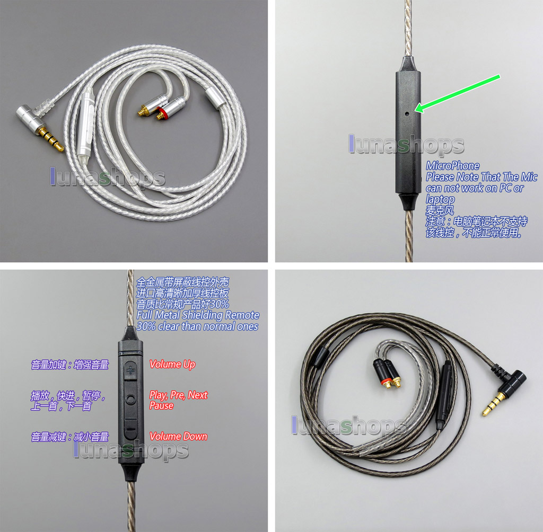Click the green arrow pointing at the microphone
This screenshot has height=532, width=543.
coord(458,93)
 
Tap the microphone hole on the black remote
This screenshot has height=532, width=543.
coord(407,113)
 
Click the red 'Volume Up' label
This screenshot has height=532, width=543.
coord(172,365)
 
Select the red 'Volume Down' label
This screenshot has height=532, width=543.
coord(178,436)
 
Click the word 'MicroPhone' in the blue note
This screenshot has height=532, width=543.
coord(453,165)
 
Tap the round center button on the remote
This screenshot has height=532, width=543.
coord(130,400)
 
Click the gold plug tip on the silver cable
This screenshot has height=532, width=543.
coord(52,139)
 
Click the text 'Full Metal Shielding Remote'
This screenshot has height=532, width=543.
coord(198,315)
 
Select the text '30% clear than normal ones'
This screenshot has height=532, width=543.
coord(197,326)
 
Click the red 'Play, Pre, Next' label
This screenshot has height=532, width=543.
coord(178,395)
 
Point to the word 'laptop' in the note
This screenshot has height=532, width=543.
coord(440,199)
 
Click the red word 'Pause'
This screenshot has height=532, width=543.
coord(161,405)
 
